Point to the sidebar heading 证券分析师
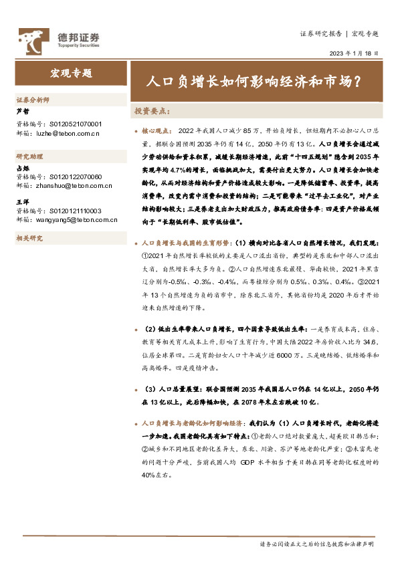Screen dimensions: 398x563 pyautogui.click(x=33, y=100)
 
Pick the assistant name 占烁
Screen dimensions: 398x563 pyautogui.click(x=22, y=168)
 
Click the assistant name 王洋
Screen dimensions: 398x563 pyautogui.click(x=22, y=201)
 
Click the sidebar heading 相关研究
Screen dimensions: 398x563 pyautogui.click(x=29, y=237)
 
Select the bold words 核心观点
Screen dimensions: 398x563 pyautogui.click(x=157, y=132)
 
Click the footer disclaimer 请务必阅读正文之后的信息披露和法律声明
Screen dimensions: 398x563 pyautogui.click(x=316, y=544)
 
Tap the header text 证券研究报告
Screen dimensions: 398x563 pyautogui.click(x=320, y=33)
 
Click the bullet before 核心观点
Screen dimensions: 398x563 pyautogui.click(x=136, y=132)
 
